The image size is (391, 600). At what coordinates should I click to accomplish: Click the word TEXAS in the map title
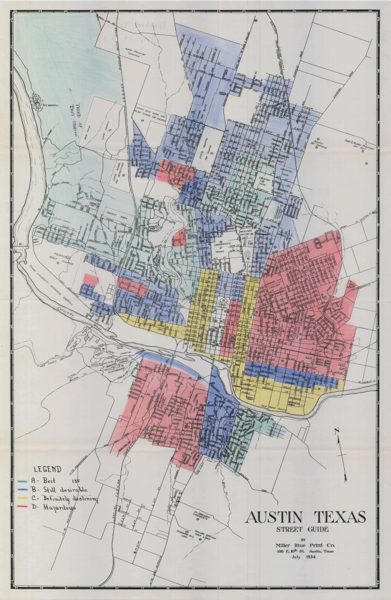338,517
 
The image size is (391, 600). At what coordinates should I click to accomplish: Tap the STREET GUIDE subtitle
305,531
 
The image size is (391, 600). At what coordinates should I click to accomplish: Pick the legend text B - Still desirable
64,489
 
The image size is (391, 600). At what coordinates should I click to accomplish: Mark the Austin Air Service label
335,144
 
